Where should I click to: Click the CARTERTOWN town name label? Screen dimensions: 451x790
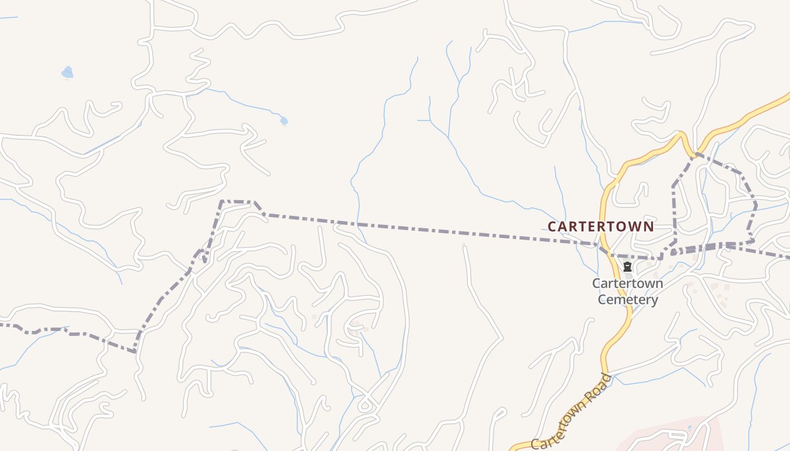[601, 227]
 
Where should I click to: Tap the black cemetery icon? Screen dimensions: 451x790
[627, 267]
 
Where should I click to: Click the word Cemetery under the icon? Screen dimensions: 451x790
[627, 299]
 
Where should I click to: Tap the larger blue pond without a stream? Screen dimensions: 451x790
[68, 72]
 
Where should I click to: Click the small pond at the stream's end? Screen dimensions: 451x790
[284, 121]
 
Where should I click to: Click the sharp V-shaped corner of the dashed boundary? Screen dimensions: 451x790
[135, 352]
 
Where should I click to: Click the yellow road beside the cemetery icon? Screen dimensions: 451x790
[617, 273]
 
